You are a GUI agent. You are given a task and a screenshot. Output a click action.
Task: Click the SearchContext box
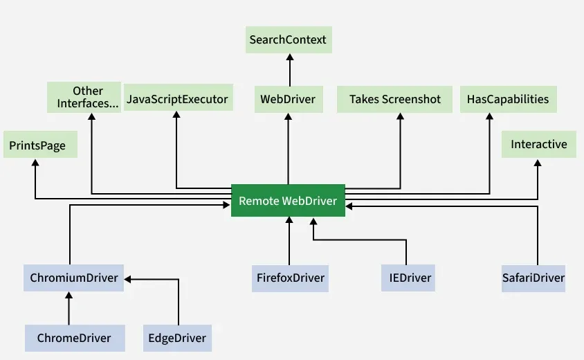289,39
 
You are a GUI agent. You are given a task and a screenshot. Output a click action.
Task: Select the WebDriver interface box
288,99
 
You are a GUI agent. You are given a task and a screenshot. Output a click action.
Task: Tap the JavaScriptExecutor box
177,99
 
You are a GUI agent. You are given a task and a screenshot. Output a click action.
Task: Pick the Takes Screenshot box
394,99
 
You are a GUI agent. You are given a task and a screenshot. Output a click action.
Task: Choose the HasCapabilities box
508,99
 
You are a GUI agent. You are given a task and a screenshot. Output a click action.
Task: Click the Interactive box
538,145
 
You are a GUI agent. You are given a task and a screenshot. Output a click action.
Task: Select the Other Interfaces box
88,97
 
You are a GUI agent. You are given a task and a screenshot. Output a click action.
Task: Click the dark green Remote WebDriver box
288,201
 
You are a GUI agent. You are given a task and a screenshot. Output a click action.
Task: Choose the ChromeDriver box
74,338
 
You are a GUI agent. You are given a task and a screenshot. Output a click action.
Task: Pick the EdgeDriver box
177,338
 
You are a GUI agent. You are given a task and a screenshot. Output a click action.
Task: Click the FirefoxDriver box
289,278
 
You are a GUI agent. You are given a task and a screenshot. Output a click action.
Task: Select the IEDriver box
406,278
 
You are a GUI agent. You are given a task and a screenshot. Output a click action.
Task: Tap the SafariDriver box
533,278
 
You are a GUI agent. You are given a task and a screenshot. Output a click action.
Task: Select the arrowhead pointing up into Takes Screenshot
400,117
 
